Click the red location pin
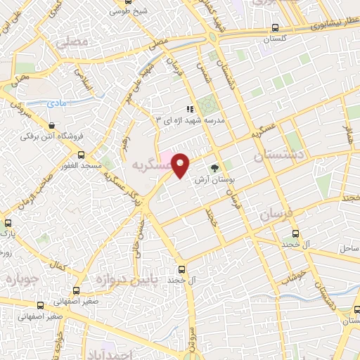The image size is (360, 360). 181,165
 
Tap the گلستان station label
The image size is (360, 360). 276,40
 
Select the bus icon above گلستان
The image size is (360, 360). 274,28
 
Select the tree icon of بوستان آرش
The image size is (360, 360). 214,167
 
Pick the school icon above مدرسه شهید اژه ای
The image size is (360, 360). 189,109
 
